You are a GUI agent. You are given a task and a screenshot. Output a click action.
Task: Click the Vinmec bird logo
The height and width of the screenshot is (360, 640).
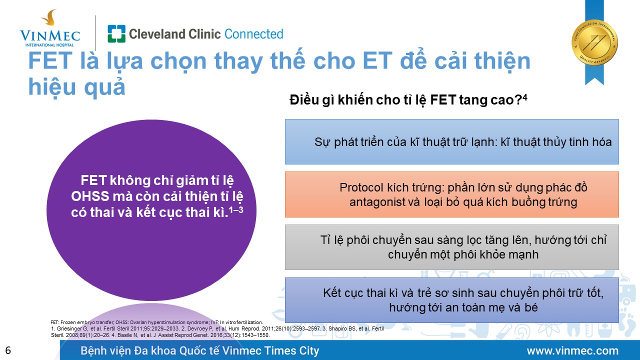(49, 17)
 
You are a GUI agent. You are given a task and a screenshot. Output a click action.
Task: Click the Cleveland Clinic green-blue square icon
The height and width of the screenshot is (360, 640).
(116, 33)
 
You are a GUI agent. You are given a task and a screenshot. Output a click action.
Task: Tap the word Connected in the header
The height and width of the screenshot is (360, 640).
(253, 34)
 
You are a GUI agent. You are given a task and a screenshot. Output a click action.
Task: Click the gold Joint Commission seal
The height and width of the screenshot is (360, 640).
(594, 42)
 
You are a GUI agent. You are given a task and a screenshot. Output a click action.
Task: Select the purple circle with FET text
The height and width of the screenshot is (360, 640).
(151, 210)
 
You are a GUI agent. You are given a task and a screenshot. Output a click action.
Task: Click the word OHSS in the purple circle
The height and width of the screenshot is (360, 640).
(90, 196)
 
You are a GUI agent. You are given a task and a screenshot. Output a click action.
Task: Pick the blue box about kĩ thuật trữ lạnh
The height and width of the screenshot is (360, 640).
(451, 141)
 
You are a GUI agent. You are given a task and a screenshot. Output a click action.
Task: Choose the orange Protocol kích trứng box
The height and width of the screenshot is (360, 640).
(451, 194)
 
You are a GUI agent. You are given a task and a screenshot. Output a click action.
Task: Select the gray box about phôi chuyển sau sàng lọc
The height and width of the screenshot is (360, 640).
(451, 247)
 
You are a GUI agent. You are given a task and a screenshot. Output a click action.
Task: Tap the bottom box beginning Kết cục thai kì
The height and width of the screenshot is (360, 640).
(451, 300)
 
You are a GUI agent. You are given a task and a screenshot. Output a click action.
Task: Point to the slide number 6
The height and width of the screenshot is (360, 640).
(8, 350)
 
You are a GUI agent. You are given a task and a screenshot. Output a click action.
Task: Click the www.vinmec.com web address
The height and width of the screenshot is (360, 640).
(572, 350)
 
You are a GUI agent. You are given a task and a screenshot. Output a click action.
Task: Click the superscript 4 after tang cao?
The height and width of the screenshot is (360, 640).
(524, 97)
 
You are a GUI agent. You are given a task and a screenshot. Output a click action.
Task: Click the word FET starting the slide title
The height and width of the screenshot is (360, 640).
(50, 61)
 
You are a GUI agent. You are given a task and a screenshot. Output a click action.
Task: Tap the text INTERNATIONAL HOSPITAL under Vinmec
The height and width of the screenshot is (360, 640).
(49, 45)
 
